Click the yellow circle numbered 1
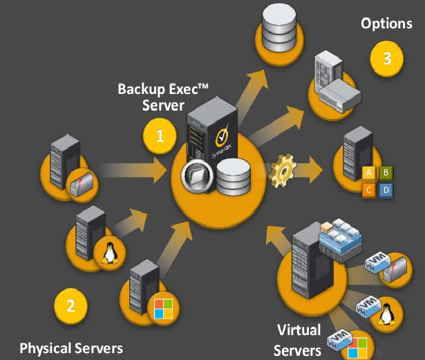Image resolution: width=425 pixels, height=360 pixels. click(160, 136)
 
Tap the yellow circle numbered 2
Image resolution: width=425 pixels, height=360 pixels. click(70, 305)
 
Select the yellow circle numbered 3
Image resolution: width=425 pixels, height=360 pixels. click(387, 59)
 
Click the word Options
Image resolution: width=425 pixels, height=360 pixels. click(386, 23)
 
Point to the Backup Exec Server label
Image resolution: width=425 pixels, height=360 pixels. click(163, 97)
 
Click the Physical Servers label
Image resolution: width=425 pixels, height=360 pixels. click(70, 347)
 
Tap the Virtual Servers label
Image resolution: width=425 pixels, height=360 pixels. click(299, 339)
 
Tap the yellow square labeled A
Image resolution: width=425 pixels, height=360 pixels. click(370, 172)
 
